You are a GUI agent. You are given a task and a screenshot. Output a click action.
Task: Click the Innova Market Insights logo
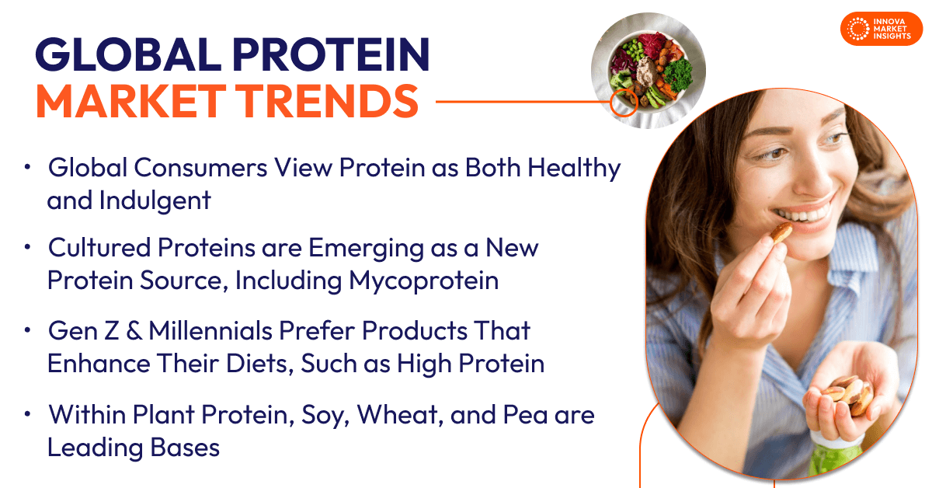tap(881, 29)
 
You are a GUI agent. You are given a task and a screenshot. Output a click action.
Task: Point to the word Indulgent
tap(155, 200)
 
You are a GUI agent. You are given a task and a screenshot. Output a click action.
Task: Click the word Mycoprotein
tap(423, 280)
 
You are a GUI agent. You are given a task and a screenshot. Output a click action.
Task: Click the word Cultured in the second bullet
tap(96, 248)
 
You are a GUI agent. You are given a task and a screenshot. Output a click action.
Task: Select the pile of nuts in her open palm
tap(847, 392)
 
